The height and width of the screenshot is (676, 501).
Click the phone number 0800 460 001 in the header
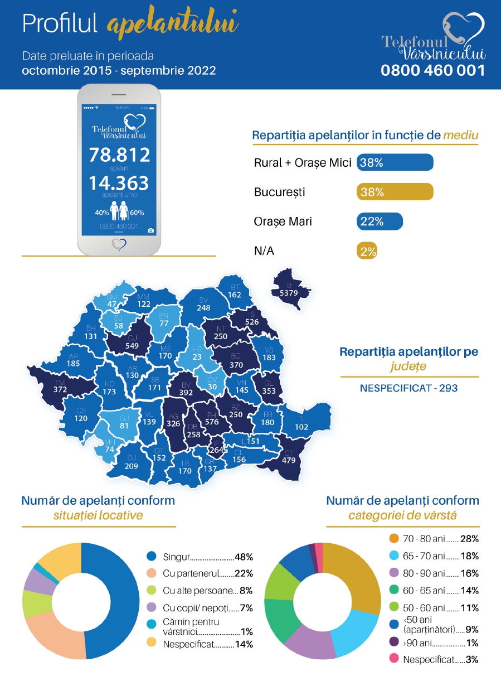432,70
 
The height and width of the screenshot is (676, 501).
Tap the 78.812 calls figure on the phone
119,154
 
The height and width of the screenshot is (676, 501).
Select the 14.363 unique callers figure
119,183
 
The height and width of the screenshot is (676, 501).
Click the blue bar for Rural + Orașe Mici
395,162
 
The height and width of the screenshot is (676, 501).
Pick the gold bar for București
395,192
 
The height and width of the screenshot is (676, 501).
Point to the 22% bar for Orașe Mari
380,221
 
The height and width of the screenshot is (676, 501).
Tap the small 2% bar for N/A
367,251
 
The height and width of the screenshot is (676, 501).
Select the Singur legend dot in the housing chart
151,557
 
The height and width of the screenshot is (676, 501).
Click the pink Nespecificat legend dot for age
394,659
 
